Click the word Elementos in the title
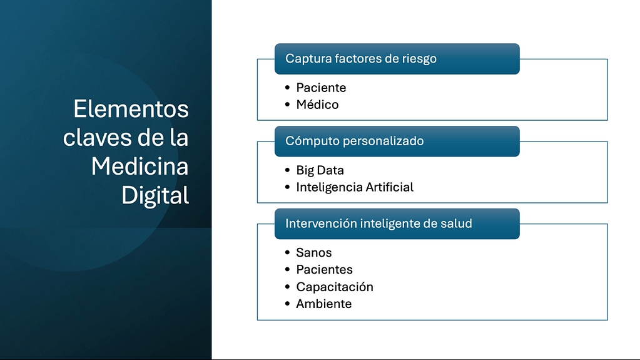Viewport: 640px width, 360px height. click(131, 109)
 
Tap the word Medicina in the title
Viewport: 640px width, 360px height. click(140, 167)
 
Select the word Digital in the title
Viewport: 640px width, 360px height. click(155, 196)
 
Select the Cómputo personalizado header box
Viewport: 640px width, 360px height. click(397, 141)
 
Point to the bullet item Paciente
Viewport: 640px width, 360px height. click(321, 88)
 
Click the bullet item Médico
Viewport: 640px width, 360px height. click(317, 105)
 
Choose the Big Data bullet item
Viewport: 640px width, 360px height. click(320, 170)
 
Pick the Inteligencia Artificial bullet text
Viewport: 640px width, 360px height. click(355, 187)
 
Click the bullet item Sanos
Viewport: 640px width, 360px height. click(314, 252)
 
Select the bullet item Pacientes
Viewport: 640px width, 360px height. click(324, 270)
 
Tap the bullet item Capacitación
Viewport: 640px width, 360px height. click(335, 287)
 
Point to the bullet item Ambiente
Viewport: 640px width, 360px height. click(323, 304)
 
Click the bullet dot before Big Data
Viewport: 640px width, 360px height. click(288, 170)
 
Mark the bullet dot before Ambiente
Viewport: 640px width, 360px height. click(288, 304)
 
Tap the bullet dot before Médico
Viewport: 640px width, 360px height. click(288, 104)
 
